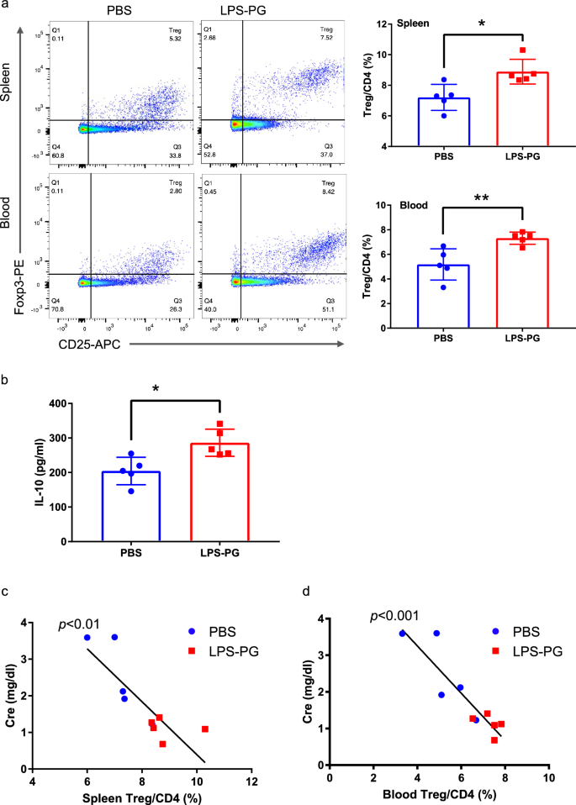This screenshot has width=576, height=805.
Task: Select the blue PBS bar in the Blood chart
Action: [x=443, y=284]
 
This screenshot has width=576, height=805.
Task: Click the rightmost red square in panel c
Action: [x=205, y=729]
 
